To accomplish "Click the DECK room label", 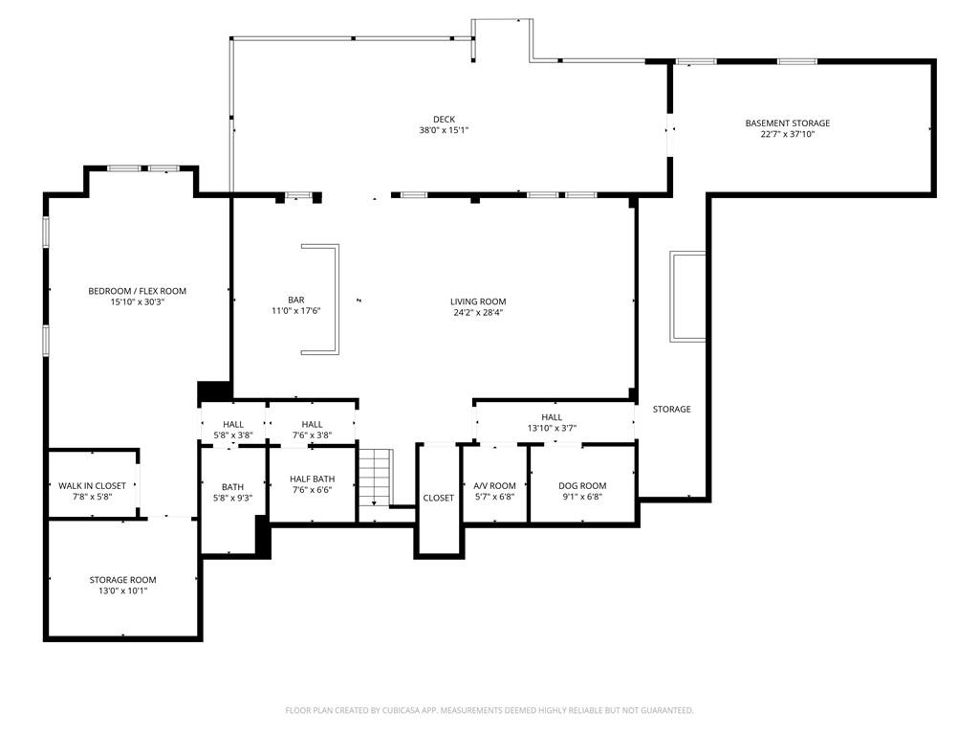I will pos(444,120).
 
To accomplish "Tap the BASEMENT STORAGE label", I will pos(787,122).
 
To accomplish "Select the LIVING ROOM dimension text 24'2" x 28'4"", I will pos(478,312).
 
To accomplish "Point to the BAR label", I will pos(295,300).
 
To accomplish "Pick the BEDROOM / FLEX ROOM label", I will pos(137,291).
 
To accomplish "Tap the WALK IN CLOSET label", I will pos(92,486).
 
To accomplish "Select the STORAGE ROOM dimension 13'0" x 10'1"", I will pos(122,590).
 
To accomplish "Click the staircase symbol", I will pos(376,477).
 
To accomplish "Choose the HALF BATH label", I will pos(312,479).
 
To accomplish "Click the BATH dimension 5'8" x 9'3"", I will pos(232,498).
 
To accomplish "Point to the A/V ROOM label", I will pos(494,486).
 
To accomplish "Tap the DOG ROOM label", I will pos(582,486).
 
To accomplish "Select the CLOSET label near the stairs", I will pos(439,498).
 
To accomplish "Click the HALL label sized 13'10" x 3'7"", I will pos(552,417).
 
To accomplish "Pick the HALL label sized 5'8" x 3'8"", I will pos(232,424).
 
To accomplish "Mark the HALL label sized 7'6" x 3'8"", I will pos(312,424).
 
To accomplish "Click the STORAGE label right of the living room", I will pos(671,409).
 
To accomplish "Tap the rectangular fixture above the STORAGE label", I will pos(687,296).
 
